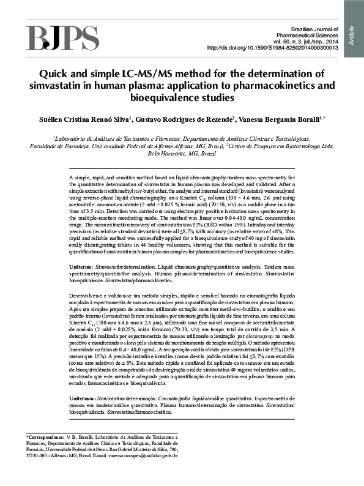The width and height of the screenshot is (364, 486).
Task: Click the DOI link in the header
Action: (272, 48)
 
